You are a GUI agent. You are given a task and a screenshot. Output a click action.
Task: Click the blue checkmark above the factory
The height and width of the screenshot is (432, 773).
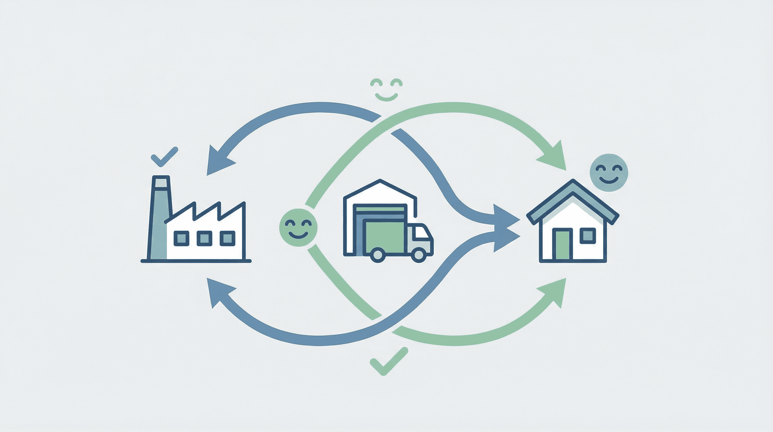point(164,157)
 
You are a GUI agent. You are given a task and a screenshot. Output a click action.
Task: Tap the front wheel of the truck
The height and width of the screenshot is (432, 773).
point(418,255)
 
